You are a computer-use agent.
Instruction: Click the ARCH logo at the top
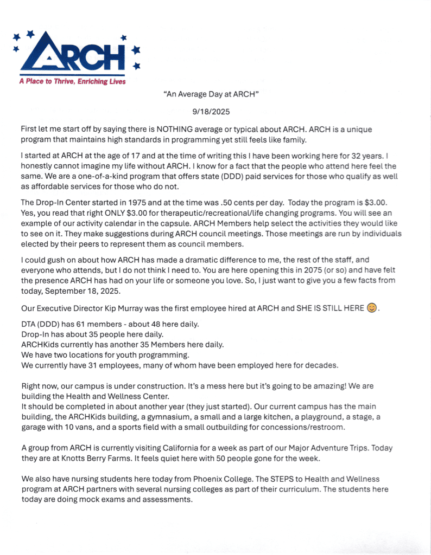(x=76, y=54)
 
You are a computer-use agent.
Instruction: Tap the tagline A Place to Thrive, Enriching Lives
(x=72, y=82)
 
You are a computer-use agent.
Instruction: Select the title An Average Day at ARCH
(x=211, y=94)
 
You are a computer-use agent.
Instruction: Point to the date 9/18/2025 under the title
(x=211, y=112)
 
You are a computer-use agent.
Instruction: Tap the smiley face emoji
(x=371, y=308)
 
